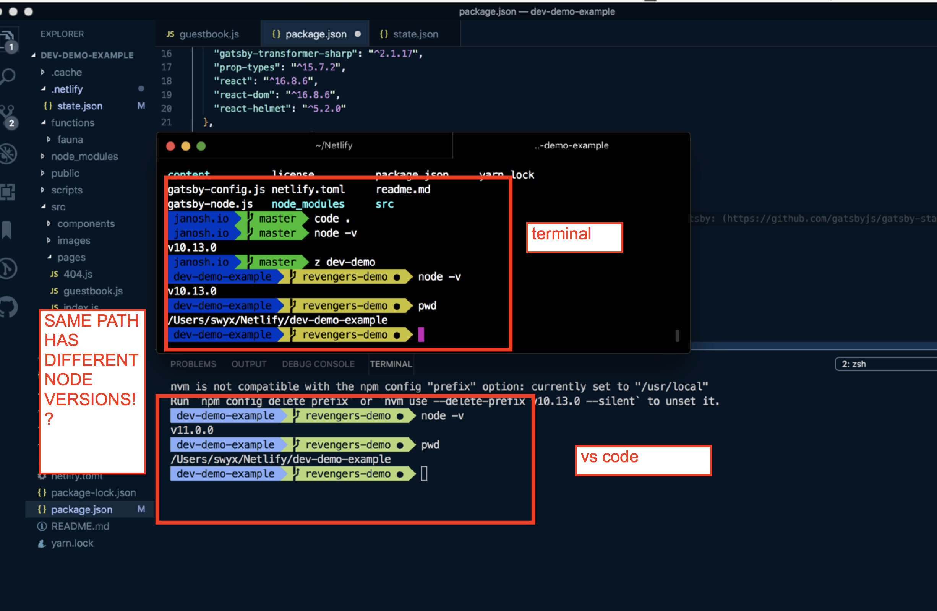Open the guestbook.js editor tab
[x=209, y=34]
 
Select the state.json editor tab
[x=415, y=34]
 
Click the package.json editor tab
[x=316, y=34]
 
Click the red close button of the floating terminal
[x=170, y=146]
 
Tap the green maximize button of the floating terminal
[x=201, y=146]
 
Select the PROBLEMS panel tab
[x=193, y=364]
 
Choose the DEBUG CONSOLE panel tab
[x=318, y=364]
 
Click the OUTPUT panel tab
[x=248, y=364]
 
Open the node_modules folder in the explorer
[x=84, y=156]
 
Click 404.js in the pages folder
[x=78, y=274]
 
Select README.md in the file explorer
[x=80, y=526]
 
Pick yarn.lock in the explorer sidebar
[x=72, y=543]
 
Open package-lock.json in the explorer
[x=93, y=493]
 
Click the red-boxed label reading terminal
[x=574, y=237]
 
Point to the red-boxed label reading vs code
[x=643, y=460]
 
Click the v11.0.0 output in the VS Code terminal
[x=192, y=430]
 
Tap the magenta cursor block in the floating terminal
[x=421, y=335]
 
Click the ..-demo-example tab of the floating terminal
[x=571, y=145]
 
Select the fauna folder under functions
[x=70, y=140]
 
